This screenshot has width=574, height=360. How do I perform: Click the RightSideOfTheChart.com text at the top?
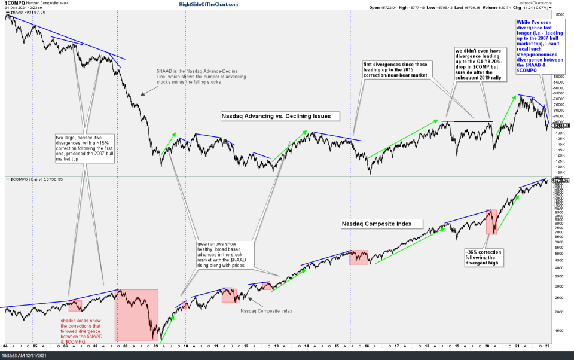(x=209, y=4)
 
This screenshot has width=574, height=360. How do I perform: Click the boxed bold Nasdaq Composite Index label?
(x=381, y=224)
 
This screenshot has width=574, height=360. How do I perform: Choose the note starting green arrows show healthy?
(x=224, y=255)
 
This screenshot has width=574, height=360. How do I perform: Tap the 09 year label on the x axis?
(x=156, y=346)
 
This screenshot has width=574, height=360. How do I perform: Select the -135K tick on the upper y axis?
(x=560, y=172)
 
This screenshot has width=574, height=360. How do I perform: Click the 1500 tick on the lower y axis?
(x=559, y=330)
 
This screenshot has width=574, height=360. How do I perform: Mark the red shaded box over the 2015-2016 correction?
(x=359, y=257)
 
